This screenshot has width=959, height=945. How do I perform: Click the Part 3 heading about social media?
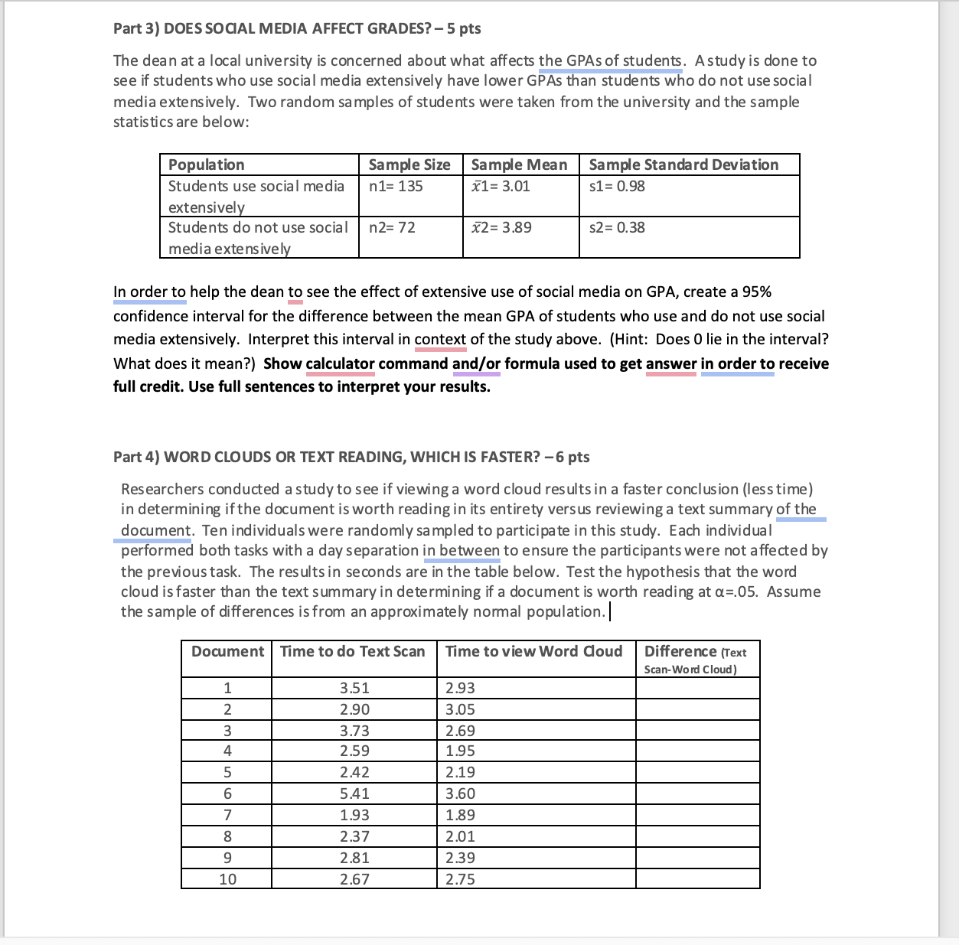(297, 28)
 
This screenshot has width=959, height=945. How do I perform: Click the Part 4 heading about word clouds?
(351, 457)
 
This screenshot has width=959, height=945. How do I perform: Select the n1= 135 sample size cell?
(396, 186)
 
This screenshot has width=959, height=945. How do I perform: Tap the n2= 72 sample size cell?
(392, 227)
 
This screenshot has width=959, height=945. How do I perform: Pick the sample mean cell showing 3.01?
(501, 186)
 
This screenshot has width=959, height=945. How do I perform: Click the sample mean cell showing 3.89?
(501, 227)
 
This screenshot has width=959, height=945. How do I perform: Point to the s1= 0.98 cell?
(617, 186)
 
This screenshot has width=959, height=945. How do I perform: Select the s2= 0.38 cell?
(617, 227)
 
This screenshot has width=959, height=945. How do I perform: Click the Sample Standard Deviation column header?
(683, 165)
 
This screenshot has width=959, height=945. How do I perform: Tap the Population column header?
(207, 165)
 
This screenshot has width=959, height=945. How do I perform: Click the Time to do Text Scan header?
(353, 651)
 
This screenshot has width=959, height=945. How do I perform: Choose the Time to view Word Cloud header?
(534, 651)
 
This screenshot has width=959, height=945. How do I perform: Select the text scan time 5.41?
(354, 793)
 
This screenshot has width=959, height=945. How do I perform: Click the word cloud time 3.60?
(461, 793)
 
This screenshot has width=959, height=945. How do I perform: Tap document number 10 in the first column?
(227, 879)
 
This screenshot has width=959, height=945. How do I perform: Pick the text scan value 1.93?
(354, 815)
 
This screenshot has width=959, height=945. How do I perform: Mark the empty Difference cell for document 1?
(697, 688)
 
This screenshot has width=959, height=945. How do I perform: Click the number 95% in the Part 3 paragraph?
(756, 292)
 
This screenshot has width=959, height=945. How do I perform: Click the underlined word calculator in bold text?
(341, 363)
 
